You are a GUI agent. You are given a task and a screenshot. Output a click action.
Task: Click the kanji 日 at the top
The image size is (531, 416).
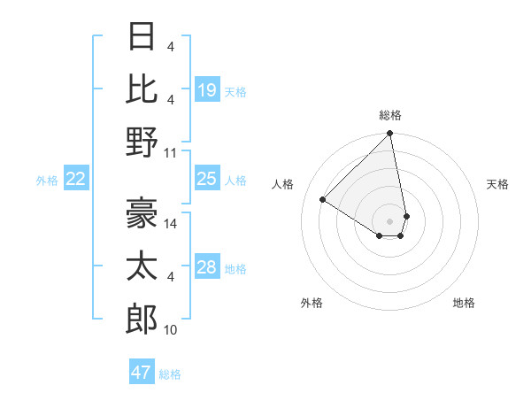click(142, 37)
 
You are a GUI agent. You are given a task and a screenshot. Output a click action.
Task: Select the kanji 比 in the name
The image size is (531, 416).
click(142, 89)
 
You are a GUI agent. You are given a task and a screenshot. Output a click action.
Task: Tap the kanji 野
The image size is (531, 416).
click(142, 142)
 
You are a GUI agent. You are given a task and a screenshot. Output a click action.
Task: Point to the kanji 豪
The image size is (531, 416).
click(142, 210)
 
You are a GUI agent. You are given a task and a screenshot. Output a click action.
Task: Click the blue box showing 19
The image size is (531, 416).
click(207, 89)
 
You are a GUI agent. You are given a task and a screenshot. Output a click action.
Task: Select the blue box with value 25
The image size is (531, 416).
click(207, 179)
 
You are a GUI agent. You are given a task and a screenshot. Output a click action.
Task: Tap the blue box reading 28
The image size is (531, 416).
click(207, 267)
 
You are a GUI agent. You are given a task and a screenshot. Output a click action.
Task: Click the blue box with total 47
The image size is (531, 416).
click(142, 373)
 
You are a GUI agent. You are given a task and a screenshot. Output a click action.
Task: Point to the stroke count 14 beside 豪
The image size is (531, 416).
click(172, 225)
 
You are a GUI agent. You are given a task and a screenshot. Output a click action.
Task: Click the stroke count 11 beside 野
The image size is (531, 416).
click(172, 152)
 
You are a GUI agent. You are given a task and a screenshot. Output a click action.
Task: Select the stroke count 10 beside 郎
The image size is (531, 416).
click(171, 330)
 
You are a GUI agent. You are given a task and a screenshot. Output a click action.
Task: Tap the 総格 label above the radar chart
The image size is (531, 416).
click(390, 115)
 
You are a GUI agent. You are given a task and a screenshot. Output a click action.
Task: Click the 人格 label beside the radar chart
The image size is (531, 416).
click(283, 184)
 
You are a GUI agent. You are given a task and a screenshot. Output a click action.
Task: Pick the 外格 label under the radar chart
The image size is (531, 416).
click(312, 303)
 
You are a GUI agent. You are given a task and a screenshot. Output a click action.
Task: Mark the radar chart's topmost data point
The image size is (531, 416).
click(389, 135)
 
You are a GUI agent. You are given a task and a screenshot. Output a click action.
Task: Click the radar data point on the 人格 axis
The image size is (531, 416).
click(323, 199)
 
